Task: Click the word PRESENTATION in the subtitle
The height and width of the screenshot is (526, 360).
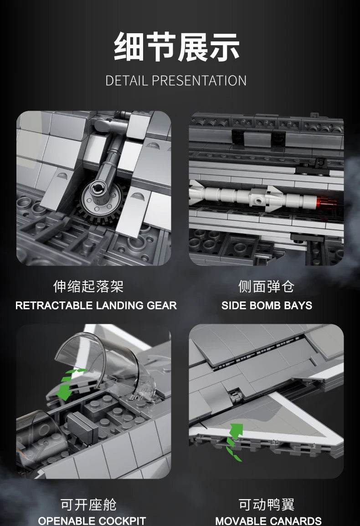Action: (199, 81)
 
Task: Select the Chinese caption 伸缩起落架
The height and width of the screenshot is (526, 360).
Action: (88, 286)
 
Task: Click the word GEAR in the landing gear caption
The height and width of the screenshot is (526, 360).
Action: (162, 306)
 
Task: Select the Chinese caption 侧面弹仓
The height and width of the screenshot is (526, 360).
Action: (267, 286)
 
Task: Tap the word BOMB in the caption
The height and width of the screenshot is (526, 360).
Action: (265, 306)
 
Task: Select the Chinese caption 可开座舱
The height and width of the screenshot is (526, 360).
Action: (88, 505)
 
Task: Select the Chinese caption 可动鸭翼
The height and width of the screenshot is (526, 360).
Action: (267, 505)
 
